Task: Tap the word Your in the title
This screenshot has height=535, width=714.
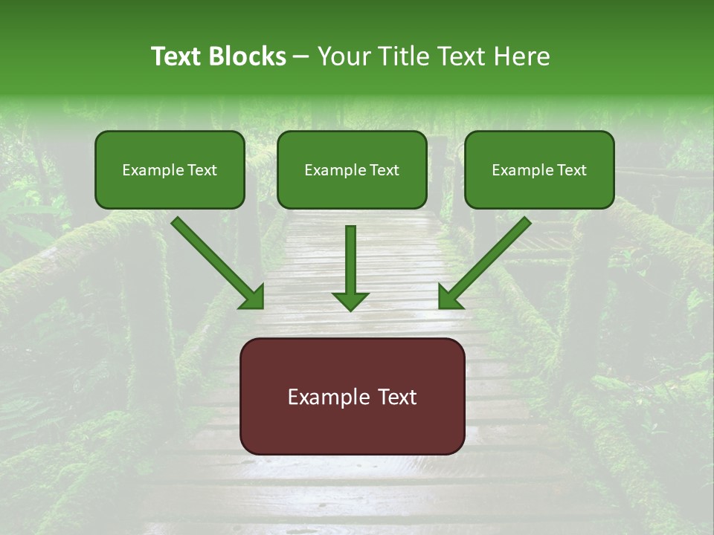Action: [344, 56]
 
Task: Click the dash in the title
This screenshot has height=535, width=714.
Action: [302, 57]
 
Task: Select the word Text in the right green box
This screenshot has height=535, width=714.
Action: [571, 170]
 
